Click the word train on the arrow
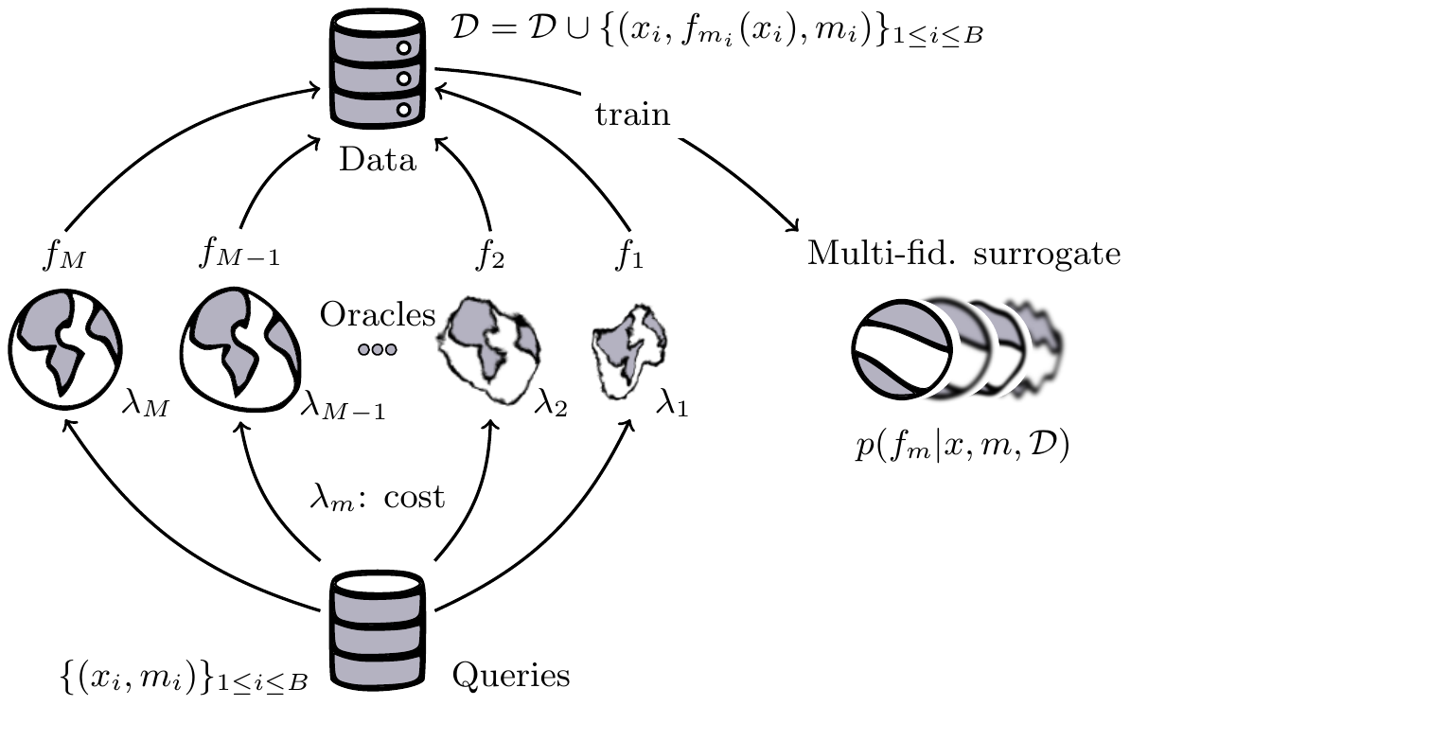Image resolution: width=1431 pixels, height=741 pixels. point(632,115)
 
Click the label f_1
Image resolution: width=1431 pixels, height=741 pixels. point(628,256)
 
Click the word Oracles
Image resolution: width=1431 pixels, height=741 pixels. point(377,315)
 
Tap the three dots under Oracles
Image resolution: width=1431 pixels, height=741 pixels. point(377,350)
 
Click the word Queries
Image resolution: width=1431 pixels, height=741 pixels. point(511,676)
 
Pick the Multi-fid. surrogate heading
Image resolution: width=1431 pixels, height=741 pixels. point(963,254)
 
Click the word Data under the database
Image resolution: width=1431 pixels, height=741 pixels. point(378,160)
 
